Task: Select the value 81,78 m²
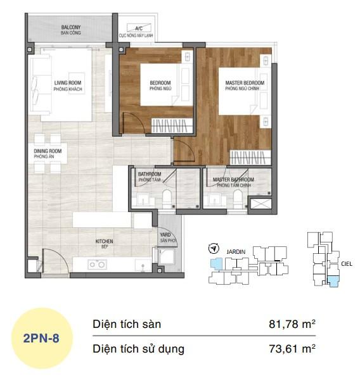pyautogui.click(x=292, y=324)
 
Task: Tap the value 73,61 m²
pyautogui.click(x=292, y=348)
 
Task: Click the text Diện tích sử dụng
pyautogui.click(x=138, y=348)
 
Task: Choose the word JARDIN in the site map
pyautogui.click(x=236, y=249)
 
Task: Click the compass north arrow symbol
pyautogui.click(x=214, y=248)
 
